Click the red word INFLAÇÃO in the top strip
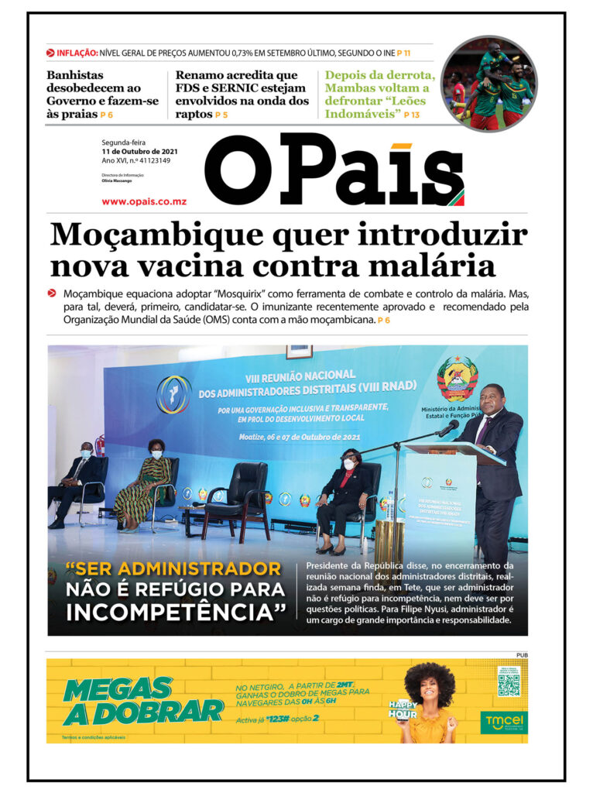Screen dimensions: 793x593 coord(77,53)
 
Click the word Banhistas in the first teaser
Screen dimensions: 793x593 coord(75,76)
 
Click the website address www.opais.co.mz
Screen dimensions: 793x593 coord(144,201)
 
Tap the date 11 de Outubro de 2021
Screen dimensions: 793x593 coord(141,151)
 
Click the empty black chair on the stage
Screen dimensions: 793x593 coord(238,496)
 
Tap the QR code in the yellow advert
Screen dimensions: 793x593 coord(508,685)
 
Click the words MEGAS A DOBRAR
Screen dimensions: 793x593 coord(141,701)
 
